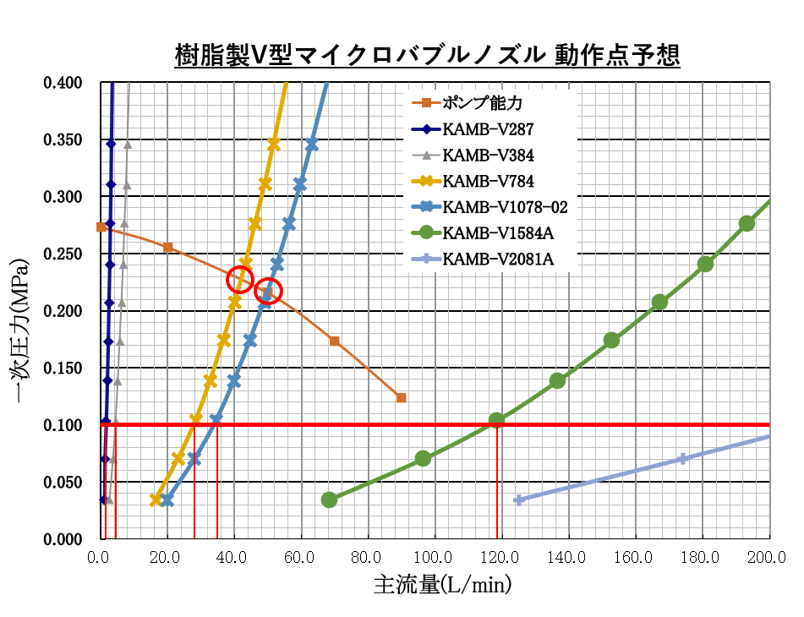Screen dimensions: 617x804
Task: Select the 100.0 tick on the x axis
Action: (x=435, y=558)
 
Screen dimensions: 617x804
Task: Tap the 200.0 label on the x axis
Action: (x=769, y=558)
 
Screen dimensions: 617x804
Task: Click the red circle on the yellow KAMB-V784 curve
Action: (x=241, y=279)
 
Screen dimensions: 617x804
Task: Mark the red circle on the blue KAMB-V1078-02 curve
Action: (x=268, y=292)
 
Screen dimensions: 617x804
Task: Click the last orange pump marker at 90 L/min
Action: (x=401, y=397)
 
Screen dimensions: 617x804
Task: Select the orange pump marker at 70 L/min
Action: (x=334, y=341)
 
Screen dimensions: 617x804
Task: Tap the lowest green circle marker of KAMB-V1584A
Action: (x=330, y=500)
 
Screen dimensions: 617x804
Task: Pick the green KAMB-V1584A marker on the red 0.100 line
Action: (x=497, y=420)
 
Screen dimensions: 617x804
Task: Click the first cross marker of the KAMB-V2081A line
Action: (x=519, y=500)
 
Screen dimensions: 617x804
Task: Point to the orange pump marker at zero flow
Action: (x=101, y=227)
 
